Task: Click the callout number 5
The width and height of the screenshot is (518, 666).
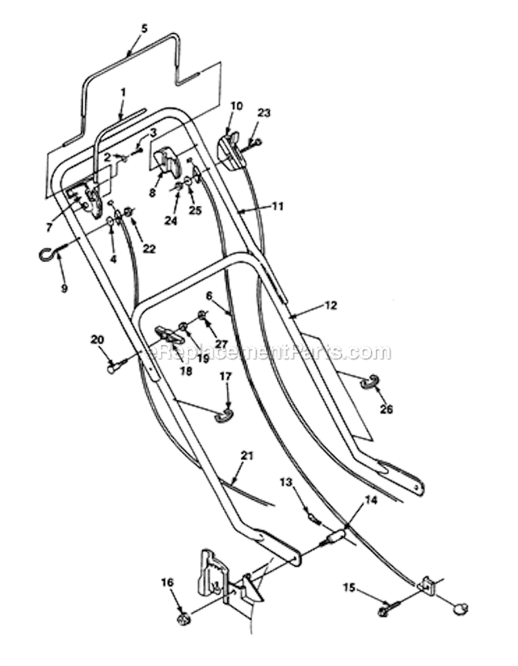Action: (x=144, y=29)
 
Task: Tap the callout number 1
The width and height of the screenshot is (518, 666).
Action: (x=123, y=92)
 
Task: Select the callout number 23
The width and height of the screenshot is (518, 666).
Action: (x=264, y=113)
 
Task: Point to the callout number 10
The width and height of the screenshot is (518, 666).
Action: (x=236, y=105)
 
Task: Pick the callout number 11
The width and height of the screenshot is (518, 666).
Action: (x=278, y=207)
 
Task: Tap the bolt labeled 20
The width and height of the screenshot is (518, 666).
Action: (x=117, y=364)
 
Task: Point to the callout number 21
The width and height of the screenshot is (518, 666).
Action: (x=247, y=456)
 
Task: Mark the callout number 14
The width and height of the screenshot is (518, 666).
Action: (x=371, y=501)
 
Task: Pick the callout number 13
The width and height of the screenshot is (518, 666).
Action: (x=286, y=482)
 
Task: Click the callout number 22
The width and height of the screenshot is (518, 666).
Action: (x=149, y=249)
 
